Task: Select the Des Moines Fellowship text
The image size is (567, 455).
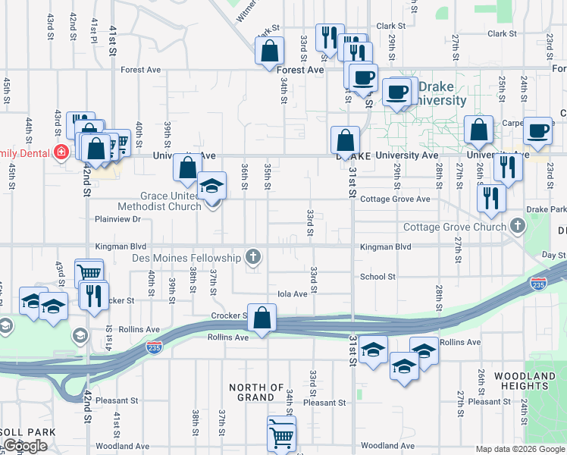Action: [x=186, y=258]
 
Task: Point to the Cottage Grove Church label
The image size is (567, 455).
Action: [x=454, y=227]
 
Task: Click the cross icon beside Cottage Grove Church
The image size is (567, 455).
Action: [x=517, y=226]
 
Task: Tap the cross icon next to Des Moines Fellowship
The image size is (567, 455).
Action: [x=253, y=258]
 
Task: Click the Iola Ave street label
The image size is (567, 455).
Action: [x=292, y=293]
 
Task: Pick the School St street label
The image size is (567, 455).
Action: [x=377, y=277]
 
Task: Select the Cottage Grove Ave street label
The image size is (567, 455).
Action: [x=395, y=199]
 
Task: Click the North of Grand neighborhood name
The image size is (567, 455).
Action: [x=256, y=392]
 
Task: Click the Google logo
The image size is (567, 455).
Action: [x=25, y=446]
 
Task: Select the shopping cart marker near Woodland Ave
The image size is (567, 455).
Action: [x=281, y=435]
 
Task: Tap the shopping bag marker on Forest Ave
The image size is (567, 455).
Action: [x=269, y=52]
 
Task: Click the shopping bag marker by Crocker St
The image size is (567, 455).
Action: [x=262, y=319]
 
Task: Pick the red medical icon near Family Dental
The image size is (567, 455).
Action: [x=61, y=152]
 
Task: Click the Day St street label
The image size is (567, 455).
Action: [x=554, y=255]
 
